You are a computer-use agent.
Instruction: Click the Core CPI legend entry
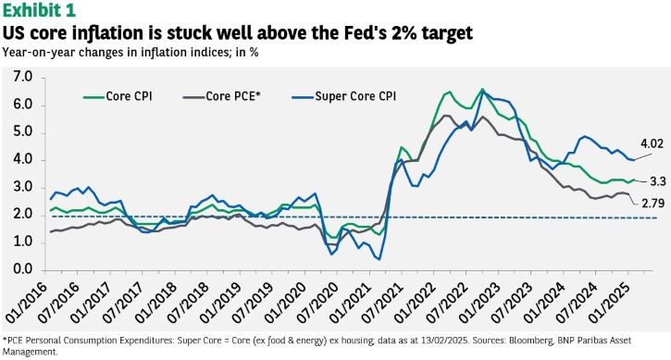pyautogui.click(x=118, y=96)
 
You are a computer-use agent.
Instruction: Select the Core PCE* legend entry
pyautogui.click(x=222, y=96)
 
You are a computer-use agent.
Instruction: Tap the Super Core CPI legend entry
pyautogui.click(x=344, y=96)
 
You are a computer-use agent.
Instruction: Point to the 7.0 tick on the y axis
pyautogui.click(x=23, y=78)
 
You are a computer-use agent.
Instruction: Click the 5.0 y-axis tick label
pyautogui.click(x=23, y=132)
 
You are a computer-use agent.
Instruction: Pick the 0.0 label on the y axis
pyautogui.click(x=23, y=269)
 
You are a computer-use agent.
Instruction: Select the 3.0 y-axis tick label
pyautogui.click(x=23, y=188)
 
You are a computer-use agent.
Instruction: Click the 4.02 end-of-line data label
pyautogui.click(x=652, y=143)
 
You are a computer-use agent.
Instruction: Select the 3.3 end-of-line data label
pyautogui.click(x=658, y=182)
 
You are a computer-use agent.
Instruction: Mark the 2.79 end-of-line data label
pyautogui.click(x=653, y=204)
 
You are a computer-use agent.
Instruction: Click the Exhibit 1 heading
pyautogui.click(x=39, y=11)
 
